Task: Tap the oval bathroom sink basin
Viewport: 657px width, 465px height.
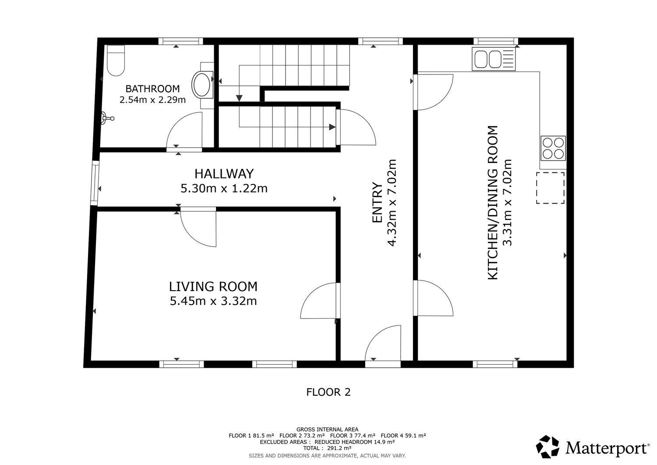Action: [201, 84]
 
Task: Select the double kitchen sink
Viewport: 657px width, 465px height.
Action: [494, 59]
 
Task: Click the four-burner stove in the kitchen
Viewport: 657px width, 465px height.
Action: [553, 148]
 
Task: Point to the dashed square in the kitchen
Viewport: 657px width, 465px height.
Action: [551, 188]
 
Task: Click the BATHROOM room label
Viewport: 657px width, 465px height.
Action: [152, 89]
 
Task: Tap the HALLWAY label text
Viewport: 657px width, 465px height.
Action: [224, 174]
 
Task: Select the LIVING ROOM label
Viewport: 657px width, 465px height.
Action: [213, 287]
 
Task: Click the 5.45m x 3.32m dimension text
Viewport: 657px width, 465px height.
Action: [213, 301]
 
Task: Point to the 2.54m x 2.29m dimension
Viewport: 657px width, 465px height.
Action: [152, 100]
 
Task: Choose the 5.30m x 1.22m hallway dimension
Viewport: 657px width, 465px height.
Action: [224, 188]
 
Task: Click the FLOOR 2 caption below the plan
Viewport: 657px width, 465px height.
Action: [328, 392]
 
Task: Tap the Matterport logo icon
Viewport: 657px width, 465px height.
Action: [547, 447]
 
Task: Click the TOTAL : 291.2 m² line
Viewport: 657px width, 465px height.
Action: [327, 448]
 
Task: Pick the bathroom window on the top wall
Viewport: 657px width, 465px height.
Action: [180, 41]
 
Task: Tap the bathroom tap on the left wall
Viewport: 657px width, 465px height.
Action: [107, 119]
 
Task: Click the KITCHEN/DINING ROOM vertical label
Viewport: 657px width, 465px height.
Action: [493, 202]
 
